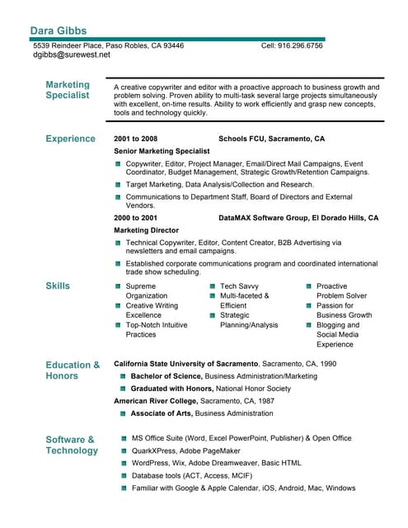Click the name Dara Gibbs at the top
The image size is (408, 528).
(x=58, y=31)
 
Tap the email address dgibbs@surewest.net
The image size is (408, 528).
(x=71, y=55)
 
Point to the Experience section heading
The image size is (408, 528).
(x=70, y=139)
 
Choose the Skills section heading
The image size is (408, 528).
(x=58, y=286)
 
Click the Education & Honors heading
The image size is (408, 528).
(x=73, y=370)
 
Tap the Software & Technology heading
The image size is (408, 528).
(x=71, y=445)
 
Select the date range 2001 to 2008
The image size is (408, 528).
(x=135, y=139)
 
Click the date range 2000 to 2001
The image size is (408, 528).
(x=135, y=218)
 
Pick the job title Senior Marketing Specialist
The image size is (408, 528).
(x=162, y=152)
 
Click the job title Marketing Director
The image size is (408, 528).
(x=146, y=230)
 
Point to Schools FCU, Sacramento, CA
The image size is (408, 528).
(x=271, y=139)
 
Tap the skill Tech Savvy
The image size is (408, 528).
(x=239, y=286)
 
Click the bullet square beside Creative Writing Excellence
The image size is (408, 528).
(x=118, y=306)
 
